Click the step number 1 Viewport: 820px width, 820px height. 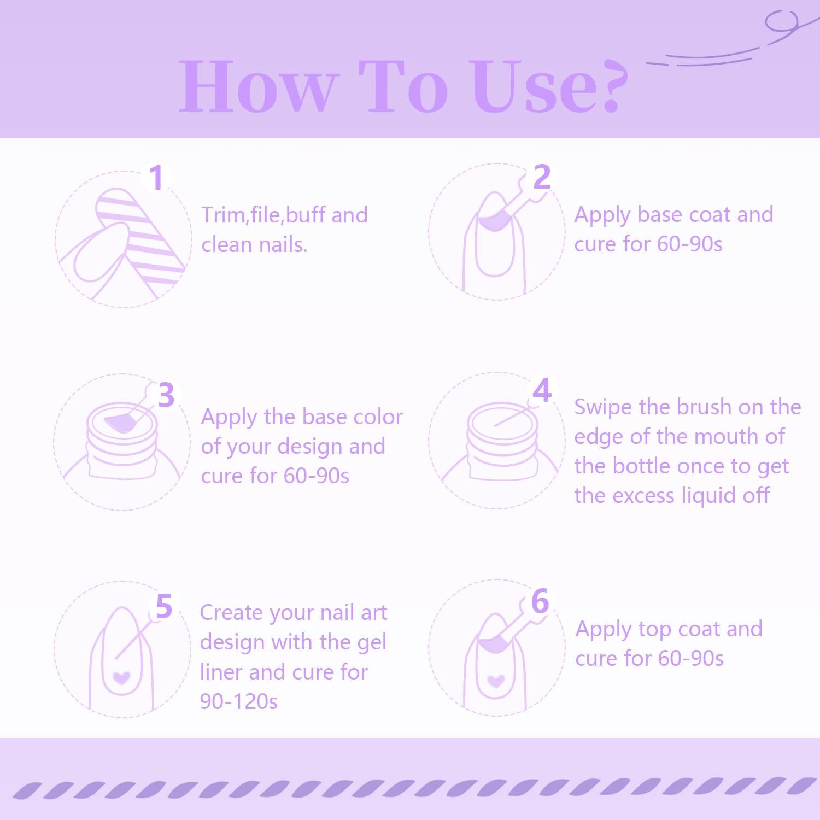(157, 178)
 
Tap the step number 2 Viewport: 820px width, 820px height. (541, 177)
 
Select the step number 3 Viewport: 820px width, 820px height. (166, 395)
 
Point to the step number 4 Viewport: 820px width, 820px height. (542, 390)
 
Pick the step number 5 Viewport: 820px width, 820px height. (164, 606)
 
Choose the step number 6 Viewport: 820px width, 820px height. (540, 601)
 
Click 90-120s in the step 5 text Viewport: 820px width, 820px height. (239, 701)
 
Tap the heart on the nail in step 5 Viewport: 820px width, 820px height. (121, 678)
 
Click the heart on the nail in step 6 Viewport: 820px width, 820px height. (496, 681)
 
